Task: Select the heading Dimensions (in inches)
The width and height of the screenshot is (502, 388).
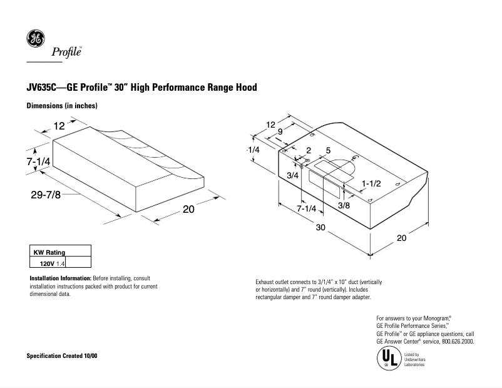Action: tap(61, 106)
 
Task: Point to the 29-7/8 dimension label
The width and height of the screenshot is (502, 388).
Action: tap(46, 195)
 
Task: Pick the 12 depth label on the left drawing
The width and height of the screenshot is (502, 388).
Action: tap(59, 126)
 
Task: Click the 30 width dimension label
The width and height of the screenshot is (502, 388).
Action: tap(320, 228)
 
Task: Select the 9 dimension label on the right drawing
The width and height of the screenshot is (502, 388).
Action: tap(280, 132)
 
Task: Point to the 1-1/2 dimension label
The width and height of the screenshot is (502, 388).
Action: tap(371, 182)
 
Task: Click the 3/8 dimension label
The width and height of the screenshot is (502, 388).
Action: tap(344, 205)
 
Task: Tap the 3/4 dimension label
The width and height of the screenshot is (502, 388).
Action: tap(292, 176)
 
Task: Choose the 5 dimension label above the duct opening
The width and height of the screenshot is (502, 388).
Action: tap(328, 151)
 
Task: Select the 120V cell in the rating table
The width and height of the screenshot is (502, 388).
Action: tap(47, 264)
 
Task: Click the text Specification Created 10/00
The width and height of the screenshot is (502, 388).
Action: tap(61, 355)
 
